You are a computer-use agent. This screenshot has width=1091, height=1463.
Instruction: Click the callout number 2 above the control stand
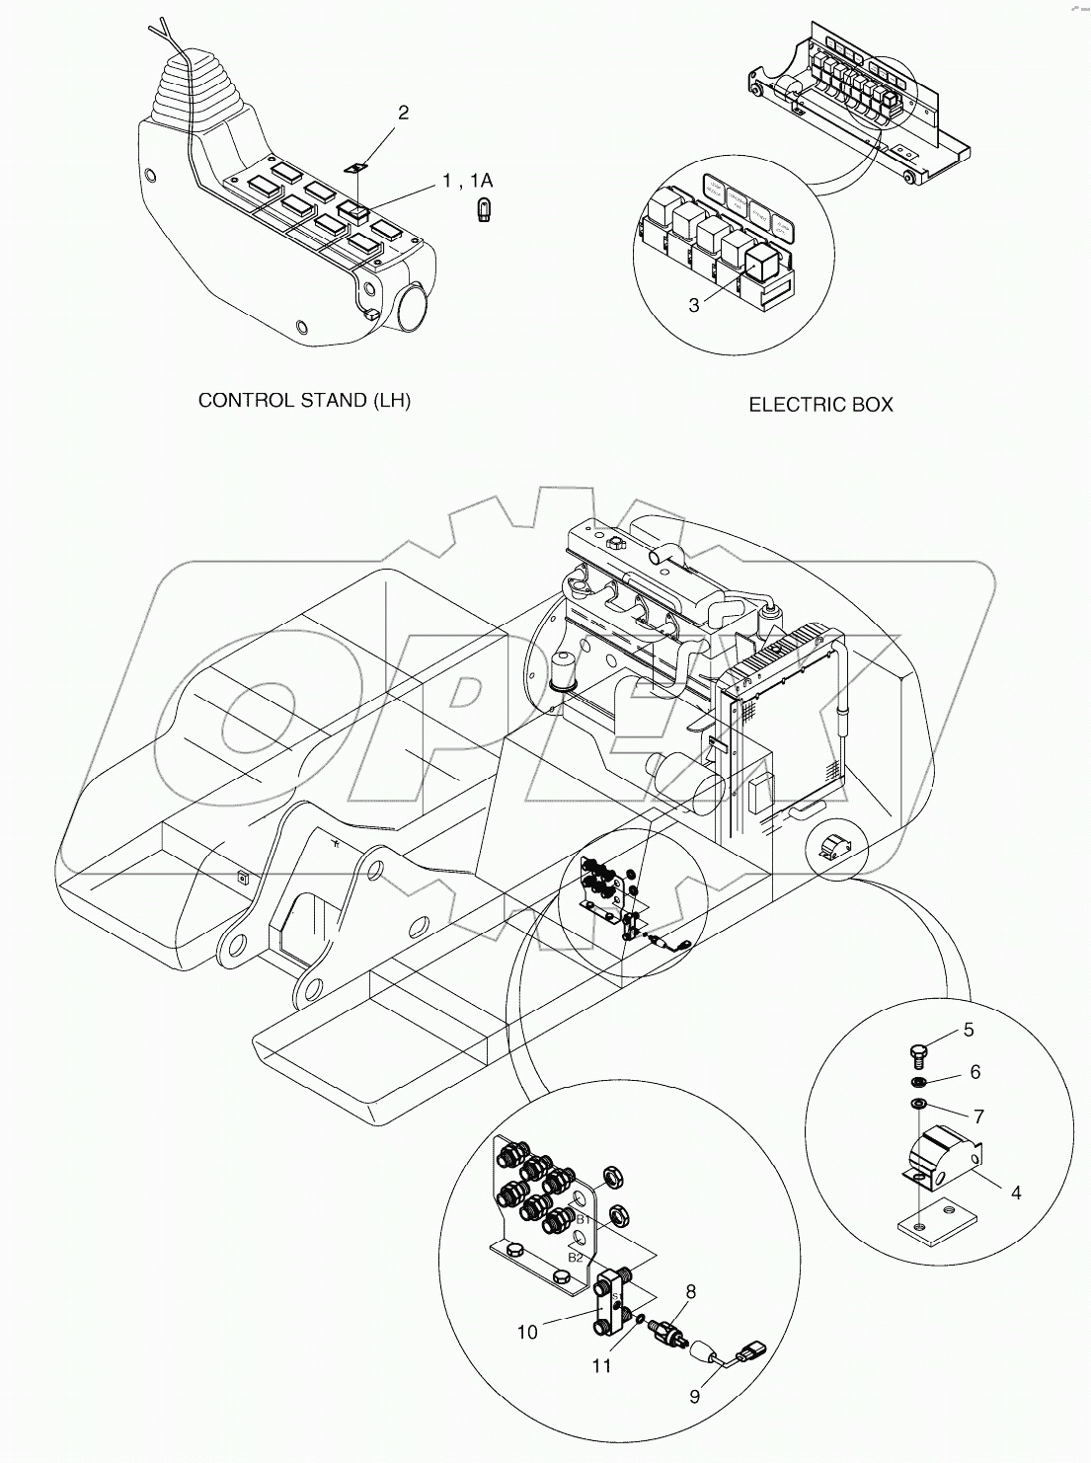pyautogui.click(x=403, y=113)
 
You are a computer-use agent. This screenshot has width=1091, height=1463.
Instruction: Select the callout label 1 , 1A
pyautogui.click(x=466, y=180)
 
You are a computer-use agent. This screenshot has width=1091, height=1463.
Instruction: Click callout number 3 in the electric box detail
pyautogui.click(x=694, y=306)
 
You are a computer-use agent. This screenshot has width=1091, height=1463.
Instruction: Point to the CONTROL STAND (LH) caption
pyautogui.click(x=304, y=400)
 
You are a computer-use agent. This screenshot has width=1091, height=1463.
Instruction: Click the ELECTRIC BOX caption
pyautogui.click(x=820, y=405)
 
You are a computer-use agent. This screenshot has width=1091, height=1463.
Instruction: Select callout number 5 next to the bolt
pyautogui.click(x=969, y=1030)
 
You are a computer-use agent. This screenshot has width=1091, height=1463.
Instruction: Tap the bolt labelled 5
pyautogui.click(x=917, y=1055)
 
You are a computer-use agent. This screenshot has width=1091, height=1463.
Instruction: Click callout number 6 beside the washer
pyautogui.click(x=974, y=1072)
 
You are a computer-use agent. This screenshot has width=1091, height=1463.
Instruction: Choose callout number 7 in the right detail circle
pyautogui.click(x=978, y=1116)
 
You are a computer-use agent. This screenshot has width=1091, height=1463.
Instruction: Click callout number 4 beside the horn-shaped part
pyautogui.click(x=1016, y=1193)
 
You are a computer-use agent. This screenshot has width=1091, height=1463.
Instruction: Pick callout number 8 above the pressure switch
pyautogui.click(x=691, y=1290)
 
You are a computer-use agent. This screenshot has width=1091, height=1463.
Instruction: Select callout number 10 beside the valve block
pyautogui.click(x=527, y=1333)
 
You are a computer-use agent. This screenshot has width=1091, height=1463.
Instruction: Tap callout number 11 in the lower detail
pyautogui.click(x=601, y=1366)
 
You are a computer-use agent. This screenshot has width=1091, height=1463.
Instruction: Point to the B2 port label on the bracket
pyautogui.click(x=576, y=1257)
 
